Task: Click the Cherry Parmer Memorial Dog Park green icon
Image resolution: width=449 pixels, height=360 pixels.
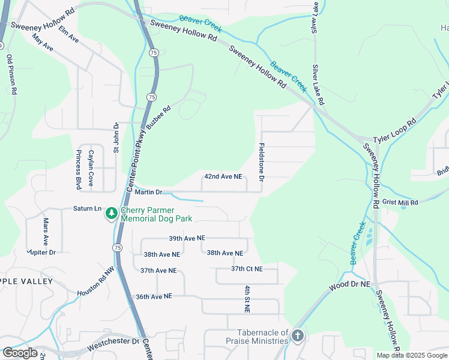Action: pyautogui.click(x=111, y=213)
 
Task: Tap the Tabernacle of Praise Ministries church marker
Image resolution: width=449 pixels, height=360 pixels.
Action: pyautogui.click(x=298, y=335)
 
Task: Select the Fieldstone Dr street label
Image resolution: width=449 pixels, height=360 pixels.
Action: pyautogui.click(x=262, y=163)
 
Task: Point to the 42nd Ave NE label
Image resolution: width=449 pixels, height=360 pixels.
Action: pyautogui.click(x=223, y=177)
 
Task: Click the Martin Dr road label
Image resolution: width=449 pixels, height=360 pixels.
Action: pyautogui.click(x=148, y=192)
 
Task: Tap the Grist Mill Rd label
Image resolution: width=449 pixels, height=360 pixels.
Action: pyautogui.click(x=399, y=203)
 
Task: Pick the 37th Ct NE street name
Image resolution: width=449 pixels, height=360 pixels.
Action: pyautogui.click(x=247, y=269)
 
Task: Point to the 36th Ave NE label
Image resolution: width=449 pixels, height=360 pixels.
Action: pyautogui.click(x=154, y=296)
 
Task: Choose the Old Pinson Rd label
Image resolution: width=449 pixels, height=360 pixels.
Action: pyautogui.click(x=10, y=75)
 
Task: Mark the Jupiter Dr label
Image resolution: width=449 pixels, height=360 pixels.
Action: pyautogui.click(x=41, y=252)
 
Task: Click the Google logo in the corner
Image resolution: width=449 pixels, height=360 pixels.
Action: pyautogui.click(x=19, y=353)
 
